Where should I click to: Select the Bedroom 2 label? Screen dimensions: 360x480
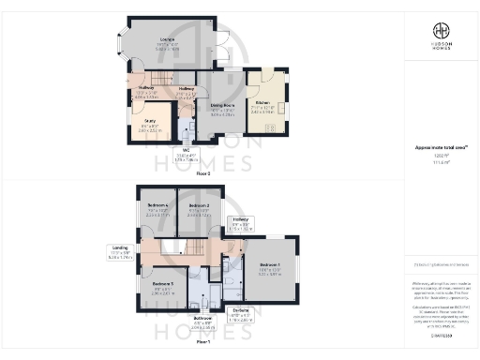198,207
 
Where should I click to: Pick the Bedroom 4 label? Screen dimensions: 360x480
157,207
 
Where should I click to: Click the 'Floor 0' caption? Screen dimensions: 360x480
202,173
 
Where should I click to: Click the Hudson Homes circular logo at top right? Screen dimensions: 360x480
439,28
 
